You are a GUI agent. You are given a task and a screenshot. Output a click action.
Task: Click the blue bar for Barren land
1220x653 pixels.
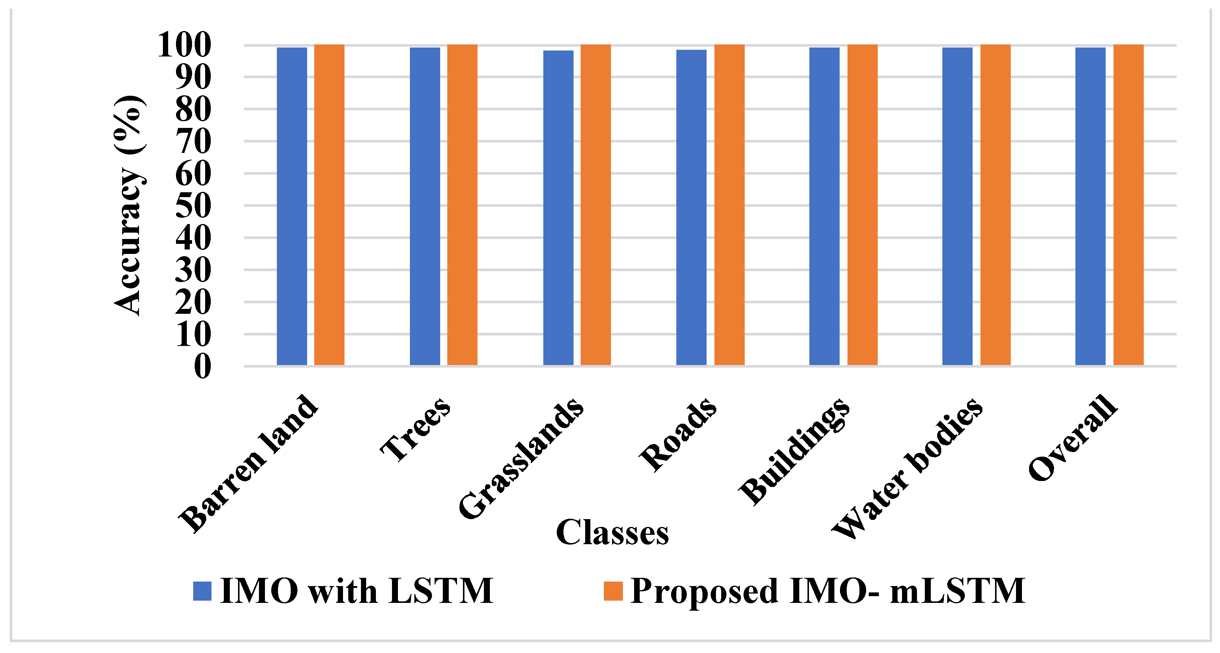pyautogui.click(x=292, y=206)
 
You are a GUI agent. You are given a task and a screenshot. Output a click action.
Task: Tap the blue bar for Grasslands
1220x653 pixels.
pyautogui.click(x=558, y=208)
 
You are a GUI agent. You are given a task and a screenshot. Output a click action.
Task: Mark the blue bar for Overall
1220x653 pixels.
pyautogui.click(x=1090, y=206)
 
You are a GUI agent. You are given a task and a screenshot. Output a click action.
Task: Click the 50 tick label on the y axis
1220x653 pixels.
pyautogui.click(x=193, y=206)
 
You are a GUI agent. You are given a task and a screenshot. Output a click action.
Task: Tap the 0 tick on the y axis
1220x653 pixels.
pyautogui.click(x=202, y=366)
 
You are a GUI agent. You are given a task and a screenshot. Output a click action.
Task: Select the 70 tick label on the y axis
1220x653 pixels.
pyautogui.click(x=193, y=141)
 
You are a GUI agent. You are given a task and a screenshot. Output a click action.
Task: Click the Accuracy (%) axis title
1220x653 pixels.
pyautogui.click(x=129, y=205)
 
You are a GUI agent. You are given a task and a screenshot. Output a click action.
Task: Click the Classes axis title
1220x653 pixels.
pyautogui.click(x=612, y=532)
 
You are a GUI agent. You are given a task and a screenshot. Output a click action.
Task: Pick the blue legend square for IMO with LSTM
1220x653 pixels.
pyautogui.click(x=202, y=591)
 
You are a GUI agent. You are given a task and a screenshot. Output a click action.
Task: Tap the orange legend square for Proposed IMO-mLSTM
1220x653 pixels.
pyautogui.click(x=613, y=591)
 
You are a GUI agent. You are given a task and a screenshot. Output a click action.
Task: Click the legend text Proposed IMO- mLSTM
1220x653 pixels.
pyautogui.click(x=828, y=591)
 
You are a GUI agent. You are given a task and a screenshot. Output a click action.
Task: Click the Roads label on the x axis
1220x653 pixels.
pyautogui.click(x=678, y=435)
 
